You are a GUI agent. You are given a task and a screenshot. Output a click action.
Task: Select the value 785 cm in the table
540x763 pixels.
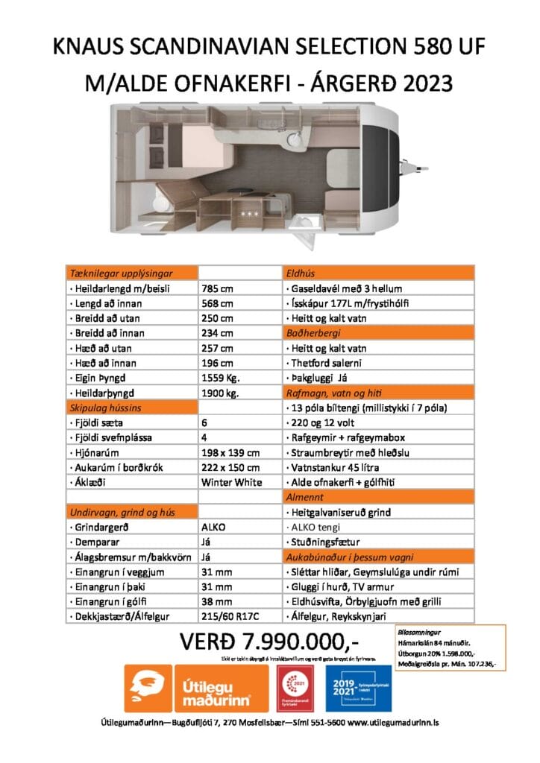point(218,288)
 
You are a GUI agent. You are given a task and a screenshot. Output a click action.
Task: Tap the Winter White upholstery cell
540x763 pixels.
point(232,481)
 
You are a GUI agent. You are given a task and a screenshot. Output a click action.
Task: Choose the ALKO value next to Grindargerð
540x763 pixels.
point(214,526)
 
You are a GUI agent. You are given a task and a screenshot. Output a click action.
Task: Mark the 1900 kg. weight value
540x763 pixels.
point(221,392)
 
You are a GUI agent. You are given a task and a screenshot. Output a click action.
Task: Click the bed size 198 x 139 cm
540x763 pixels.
point(230,452)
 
